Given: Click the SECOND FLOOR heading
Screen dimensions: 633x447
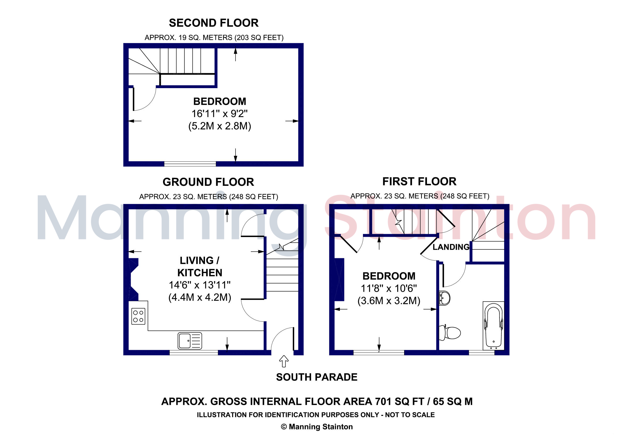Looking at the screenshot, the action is click(x=214, y=23).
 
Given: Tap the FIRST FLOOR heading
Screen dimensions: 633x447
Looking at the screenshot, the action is click(x=419, y=182).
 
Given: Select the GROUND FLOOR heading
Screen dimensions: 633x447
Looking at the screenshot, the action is click(x=208, y=182).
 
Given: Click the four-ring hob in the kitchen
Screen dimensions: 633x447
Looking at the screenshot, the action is click(x=138, y=316).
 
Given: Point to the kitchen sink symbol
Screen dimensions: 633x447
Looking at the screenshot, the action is click(x=190, y=341).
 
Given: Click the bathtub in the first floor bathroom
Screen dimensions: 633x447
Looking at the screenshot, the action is click(x=494, y=325).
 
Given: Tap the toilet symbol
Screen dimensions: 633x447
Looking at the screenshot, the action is click(x=450, y=333).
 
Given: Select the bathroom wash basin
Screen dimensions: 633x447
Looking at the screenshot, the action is click(x=444, y=298).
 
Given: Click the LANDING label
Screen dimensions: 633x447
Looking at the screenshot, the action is click(x=451, y=247).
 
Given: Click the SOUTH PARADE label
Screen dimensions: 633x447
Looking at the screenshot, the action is click(x=316, y=377).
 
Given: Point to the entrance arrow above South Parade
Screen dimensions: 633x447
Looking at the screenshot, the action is click(x=284, y=361).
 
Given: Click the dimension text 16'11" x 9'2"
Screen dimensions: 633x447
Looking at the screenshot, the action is click(x=220, y=114).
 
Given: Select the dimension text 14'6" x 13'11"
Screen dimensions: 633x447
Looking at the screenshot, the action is click(x=200, y=285).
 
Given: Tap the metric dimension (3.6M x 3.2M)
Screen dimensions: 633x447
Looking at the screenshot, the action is click(x=389, y=301).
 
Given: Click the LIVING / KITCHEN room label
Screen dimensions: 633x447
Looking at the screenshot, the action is click(x=200, y=267).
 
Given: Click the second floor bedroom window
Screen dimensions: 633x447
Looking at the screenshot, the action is click(x=190, y=164).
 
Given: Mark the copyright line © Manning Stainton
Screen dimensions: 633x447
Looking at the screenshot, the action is click(x=316, y=427).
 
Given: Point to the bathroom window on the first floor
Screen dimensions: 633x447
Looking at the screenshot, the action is click(x=482, y=353).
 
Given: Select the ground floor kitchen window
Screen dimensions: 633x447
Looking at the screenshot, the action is click(x=194, y=353).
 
